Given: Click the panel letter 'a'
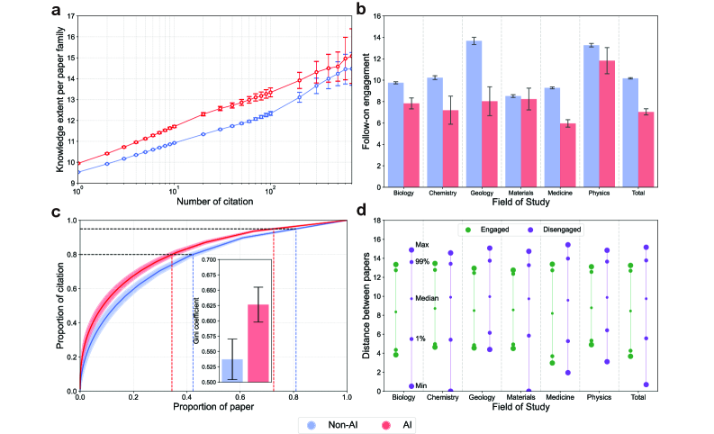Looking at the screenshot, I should (58, 11).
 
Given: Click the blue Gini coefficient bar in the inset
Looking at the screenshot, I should (231, 370).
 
